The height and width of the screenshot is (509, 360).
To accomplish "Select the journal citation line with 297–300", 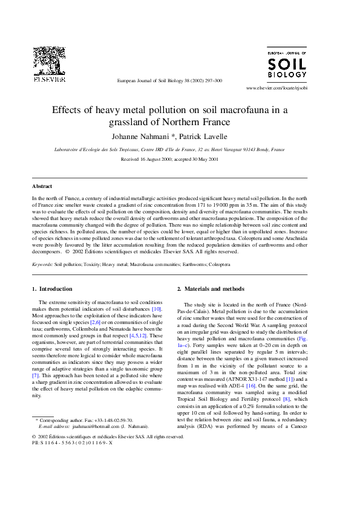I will (x=169, y=80).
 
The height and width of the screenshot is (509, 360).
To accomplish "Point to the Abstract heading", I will (x=42, y=187).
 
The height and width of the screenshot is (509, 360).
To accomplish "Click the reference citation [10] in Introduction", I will (x=157, y=309).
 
